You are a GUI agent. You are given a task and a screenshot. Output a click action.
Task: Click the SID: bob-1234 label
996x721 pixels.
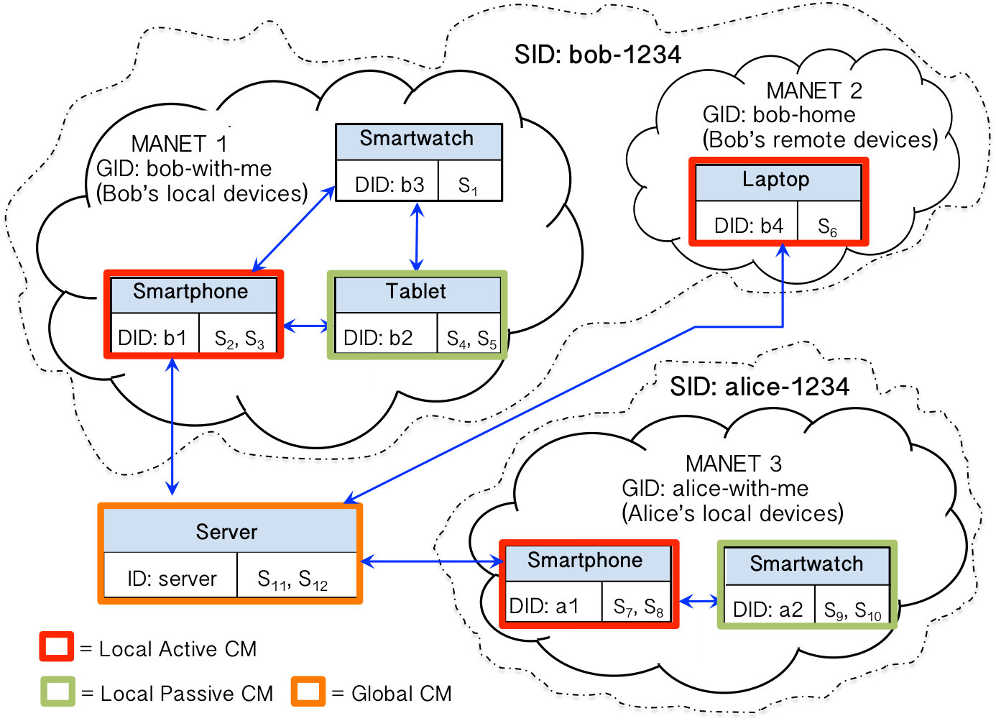597,55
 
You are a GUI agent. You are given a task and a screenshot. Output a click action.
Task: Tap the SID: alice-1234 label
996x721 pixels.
760,387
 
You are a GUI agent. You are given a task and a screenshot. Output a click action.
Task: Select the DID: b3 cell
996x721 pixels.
387,180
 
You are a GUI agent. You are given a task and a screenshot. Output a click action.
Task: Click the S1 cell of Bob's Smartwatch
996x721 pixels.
470,180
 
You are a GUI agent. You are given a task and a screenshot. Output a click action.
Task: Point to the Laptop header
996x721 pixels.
778,183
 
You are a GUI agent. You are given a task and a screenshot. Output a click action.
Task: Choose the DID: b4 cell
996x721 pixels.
747,221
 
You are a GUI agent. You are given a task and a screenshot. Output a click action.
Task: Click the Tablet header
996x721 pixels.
418,295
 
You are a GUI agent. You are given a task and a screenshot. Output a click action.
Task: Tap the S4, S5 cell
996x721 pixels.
469,333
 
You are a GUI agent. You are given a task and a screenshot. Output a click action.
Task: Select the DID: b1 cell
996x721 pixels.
155,333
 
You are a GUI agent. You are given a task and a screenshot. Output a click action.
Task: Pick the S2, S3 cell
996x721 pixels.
238,333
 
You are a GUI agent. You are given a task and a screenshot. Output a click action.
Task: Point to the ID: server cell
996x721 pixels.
171,574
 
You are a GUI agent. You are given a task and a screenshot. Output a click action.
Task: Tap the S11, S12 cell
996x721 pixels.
297,574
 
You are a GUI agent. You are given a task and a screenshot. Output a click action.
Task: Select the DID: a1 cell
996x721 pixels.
553,602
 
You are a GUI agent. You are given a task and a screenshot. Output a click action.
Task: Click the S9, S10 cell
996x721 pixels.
852,604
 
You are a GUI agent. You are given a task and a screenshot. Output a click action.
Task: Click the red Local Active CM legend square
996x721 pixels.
57,646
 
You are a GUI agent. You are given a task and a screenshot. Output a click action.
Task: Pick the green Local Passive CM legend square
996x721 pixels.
57,692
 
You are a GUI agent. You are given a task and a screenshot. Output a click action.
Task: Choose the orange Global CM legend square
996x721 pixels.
308,692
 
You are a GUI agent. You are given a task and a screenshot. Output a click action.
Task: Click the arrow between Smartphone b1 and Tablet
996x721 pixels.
306,326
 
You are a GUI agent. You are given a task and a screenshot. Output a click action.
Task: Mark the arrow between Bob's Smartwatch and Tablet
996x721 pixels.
417,236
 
